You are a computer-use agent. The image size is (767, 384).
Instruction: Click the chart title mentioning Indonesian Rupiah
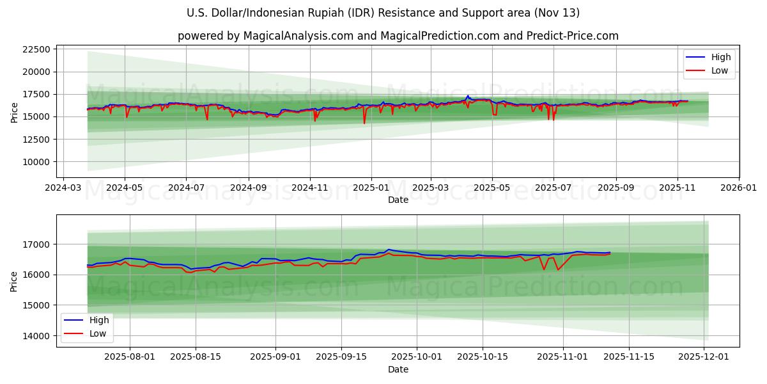click(383, 13)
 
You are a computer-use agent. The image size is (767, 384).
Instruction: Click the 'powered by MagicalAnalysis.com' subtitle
click(398, 36)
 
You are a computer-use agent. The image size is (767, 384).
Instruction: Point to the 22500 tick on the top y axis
click(36, 49)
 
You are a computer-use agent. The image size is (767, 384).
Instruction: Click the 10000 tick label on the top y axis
click(36, 162)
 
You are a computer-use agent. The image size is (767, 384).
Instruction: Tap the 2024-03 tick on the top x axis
click(63, 188)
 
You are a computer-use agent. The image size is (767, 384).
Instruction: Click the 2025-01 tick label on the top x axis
click(370, 188)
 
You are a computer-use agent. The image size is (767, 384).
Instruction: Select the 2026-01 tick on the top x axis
click(739, 188)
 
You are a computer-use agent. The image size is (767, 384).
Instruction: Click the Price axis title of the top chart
click(15, 112)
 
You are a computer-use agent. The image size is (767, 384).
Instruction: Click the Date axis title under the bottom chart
click(398, 370)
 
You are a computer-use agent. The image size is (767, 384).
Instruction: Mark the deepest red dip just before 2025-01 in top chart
click(364, 123)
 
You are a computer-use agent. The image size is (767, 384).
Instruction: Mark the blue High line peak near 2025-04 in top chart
click(467, 96)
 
